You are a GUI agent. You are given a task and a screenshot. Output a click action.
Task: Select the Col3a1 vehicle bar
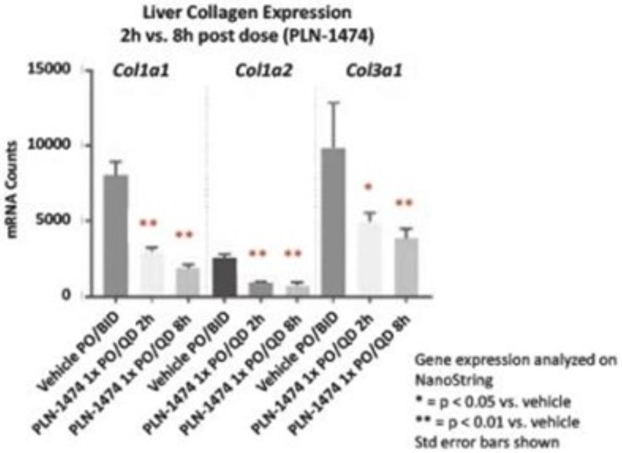pos(333,221)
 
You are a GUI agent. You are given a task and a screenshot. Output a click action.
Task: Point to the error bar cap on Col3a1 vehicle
pos(333,102)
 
